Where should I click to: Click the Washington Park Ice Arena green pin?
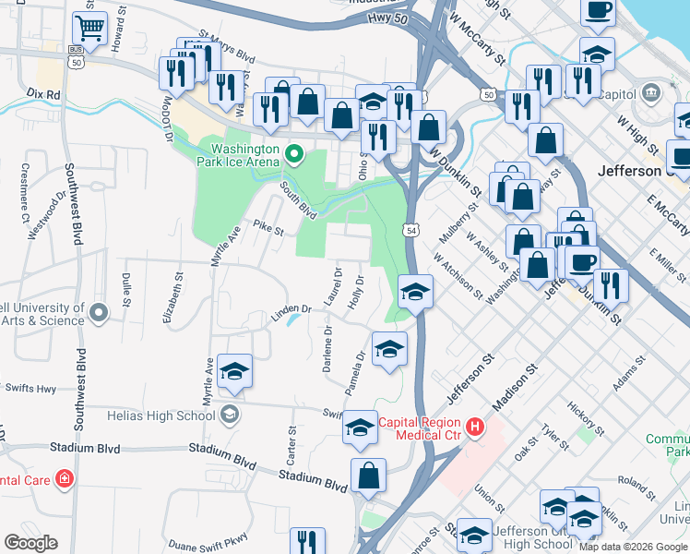(294, 154)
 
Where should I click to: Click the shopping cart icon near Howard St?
(89, 29)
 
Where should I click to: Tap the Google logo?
(30, 543)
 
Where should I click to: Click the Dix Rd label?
(43, 94)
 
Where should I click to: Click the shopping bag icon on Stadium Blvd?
(368, 476)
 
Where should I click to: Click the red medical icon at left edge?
(64, 478)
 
